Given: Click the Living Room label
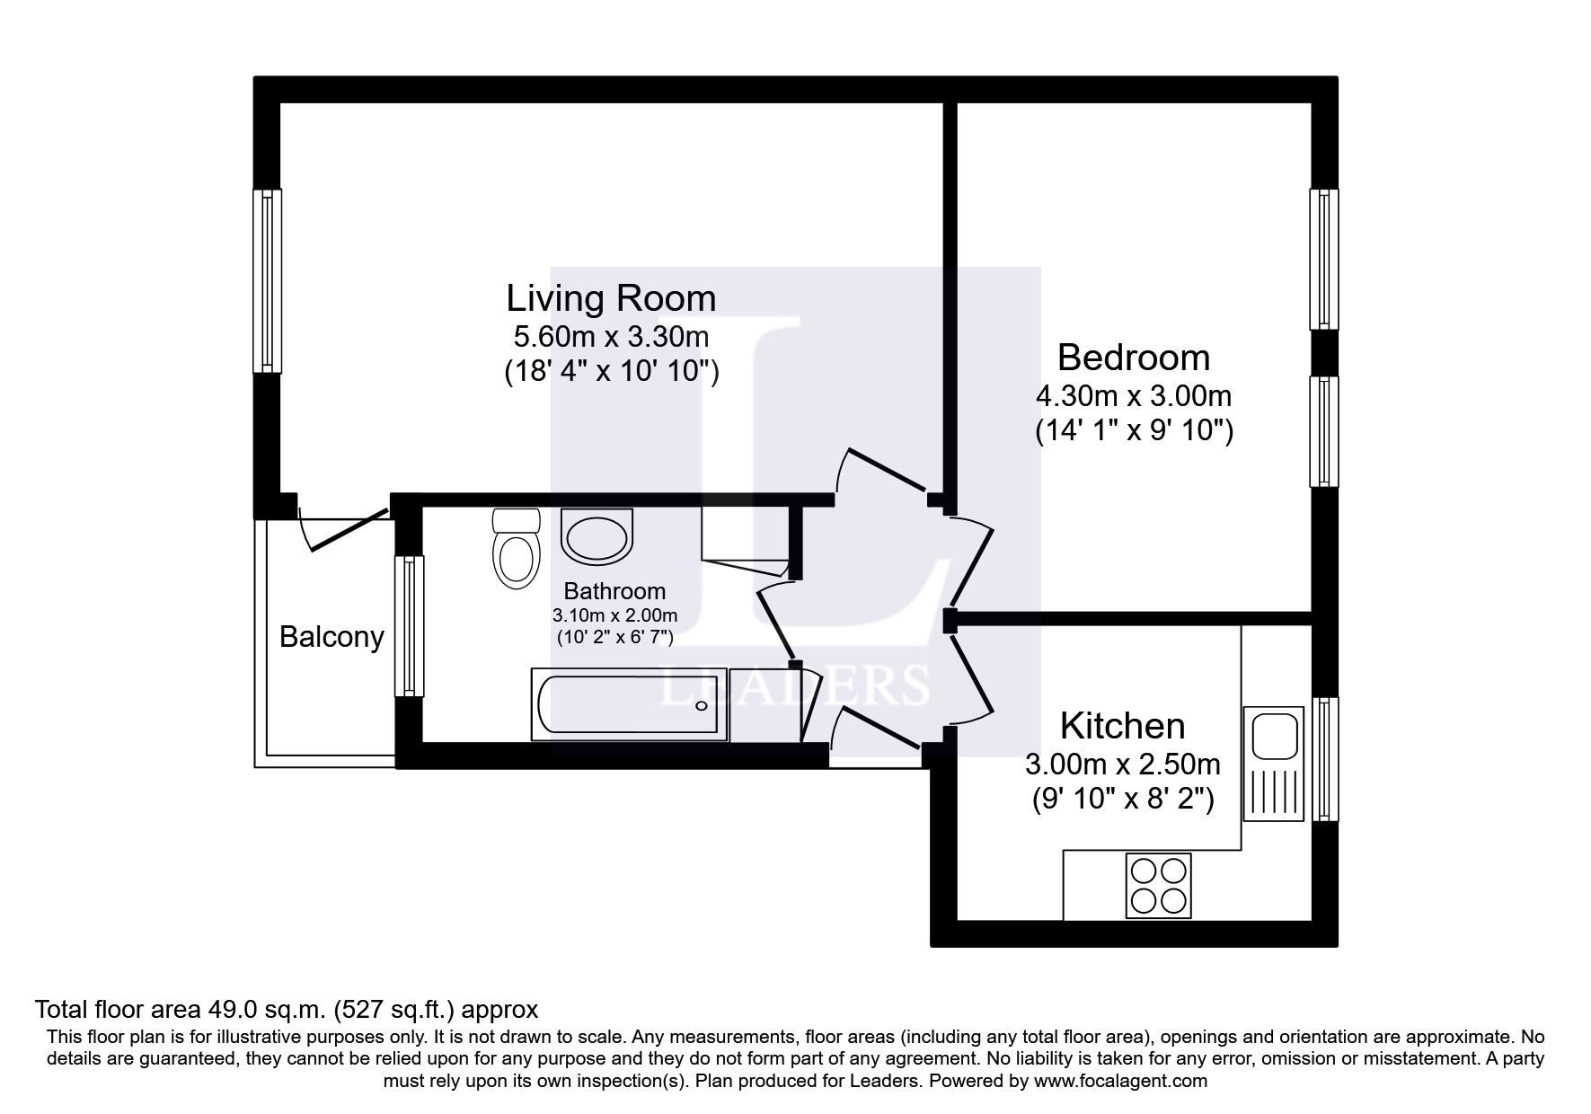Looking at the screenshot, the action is [611, 298].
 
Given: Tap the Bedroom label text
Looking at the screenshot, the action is [1134, 358].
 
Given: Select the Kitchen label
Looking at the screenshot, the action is [1123, 726].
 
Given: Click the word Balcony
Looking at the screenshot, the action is [331, 637].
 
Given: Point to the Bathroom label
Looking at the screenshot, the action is [614, 591].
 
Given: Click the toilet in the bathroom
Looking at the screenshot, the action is [516, 549].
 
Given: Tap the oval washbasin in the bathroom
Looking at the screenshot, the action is [597, 535].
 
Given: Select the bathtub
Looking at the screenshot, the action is [629, 705].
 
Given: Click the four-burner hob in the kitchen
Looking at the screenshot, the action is [1159, 886].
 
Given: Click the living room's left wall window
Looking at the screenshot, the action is [268, 280].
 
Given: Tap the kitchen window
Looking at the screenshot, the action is [1324, 759].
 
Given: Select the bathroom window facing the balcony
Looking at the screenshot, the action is [410, 625].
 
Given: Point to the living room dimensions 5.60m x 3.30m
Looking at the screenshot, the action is [611, 337].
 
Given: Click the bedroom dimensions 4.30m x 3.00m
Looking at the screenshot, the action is [1134, 395].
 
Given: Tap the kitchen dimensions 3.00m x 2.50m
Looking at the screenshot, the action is [1123, 765].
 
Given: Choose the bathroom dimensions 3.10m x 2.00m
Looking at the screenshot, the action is [614, 616].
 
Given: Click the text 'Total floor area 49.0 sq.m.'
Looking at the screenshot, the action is [181, 1009].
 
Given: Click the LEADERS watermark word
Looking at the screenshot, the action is [794, 685].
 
